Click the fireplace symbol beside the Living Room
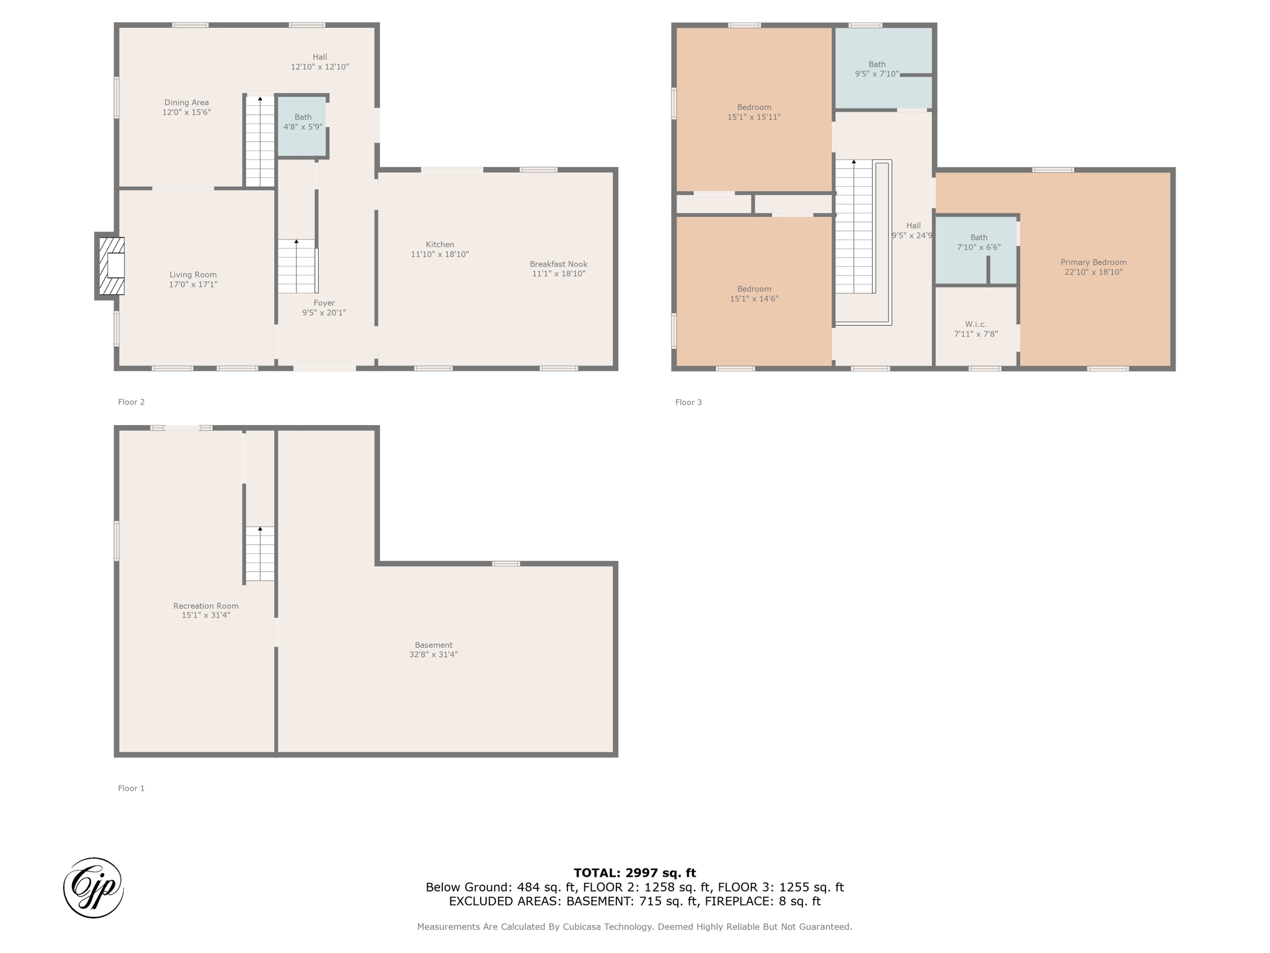(x=112, y=266)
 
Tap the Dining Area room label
(x=186, y=107)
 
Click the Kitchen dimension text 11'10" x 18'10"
(x=440, y=254)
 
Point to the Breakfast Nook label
(x=558, y=264)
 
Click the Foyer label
(x=324, y=303)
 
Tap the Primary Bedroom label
(x=1093, y=262)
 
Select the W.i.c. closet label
(x=975, y=324)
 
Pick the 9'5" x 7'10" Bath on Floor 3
(x=876, y=69)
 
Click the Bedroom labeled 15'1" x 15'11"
(x=753, y=112)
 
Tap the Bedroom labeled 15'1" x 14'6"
(x=753, y=293)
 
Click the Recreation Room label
(x=205, y=606)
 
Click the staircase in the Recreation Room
(x=260, y=553)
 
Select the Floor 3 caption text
(x=688, y=402)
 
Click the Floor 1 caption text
(x=131, y=788)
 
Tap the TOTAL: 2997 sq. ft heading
(x=634, y=873)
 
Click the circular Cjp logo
(x=94, y=887)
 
